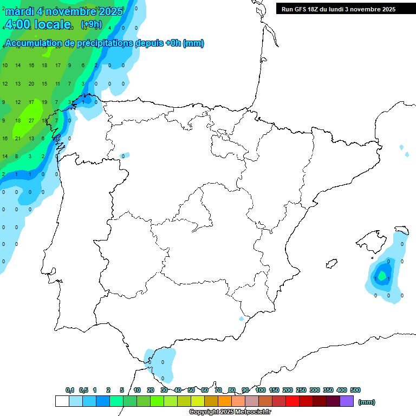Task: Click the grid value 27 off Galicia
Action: click(31, 121)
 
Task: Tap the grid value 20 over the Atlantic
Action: click(31, 83)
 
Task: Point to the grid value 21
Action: click(18, 139)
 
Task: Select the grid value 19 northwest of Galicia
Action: click(44, 102)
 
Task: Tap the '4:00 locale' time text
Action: click(37, 24)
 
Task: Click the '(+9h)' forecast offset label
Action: click(90, 24)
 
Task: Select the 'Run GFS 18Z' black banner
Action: click(339, 9)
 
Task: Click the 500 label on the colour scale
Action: click(355, 390)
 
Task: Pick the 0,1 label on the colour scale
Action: click(70, 390)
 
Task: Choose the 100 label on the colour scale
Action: click(260, 390)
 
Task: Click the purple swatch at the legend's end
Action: click(347, 401)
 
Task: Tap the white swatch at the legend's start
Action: click(62, 401)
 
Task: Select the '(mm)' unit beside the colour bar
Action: click(367, 402)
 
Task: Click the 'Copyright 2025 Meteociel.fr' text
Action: click(230, 412)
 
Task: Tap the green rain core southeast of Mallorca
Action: click(382, 276)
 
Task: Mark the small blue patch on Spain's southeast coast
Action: click(242, 318)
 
